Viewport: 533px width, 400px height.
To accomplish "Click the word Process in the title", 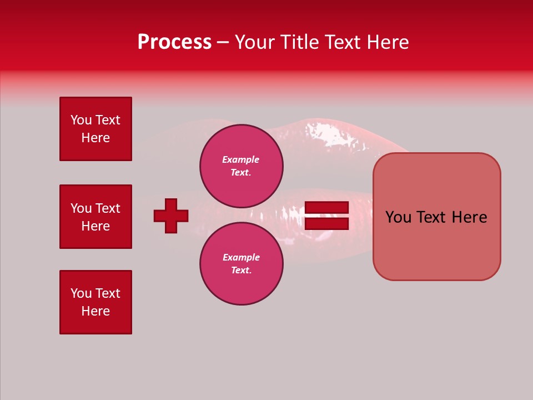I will pos(174,42).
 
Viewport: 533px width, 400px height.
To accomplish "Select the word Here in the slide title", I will pos(385,42).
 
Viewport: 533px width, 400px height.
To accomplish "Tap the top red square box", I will pos(95,129).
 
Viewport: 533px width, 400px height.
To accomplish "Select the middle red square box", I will pos(95,217).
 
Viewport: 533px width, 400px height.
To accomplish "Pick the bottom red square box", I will pos(95,302).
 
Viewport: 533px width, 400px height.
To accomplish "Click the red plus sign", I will pos(171,216).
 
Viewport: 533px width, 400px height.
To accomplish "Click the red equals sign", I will pos(326,216).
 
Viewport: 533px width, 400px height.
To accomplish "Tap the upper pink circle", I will pos(241,166).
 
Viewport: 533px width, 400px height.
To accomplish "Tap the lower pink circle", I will pos(241,264).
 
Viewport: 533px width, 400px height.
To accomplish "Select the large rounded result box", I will pos(436,217).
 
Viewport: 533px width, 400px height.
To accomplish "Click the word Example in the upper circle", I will pos(240,159).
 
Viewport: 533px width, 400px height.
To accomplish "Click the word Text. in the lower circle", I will pos(241,271).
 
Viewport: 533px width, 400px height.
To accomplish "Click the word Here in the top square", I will pos(95,138).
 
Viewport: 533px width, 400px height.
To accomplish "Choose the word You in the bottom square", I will pos(81,293).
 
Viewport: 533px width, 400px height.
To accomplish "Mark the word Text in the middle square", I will pos(108,208).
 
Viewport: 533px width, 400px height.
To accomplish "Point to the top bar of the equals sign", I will pos(326,207).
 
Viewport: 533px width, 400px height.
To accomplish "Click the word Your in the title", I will pos(254,42).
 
